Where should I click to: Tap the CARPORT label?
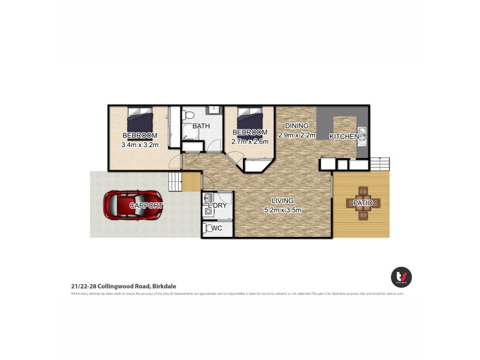[146, 205]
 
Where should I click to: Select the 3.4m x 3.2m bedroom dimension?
[140, 145]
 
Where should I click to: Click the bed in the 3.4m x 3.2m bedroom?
[140, 118]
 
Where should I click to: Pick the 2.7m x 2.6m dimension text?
[250, 142]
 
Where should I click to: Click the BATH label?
[200, 127]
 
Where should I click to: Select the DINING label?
[296, 125]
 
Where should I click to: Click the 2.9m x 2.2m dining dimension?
[296, 135]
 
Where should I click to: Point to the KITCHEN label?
[344, 137]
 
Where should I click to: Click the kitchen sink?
[362, 133]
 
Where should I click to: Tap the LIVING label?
[282, 200]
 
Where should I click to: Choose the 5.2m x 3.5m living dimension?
[282, 210]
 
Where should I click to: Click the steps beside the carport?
[175, 181]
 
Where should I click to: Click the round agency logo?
[401, 277]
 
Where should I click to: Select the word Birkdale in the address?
[163, 287]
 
